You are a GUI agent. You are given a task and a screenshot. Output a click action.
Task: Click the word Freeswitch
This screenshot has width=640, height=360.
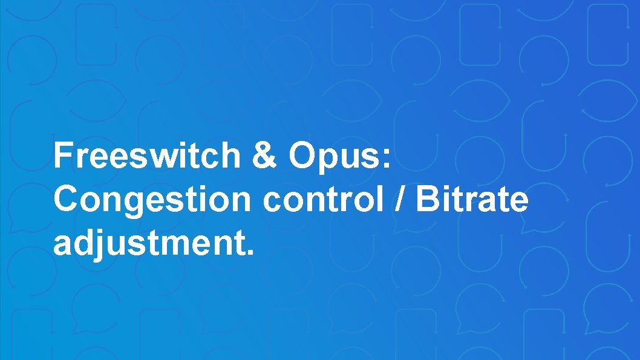click(x=147, y=155)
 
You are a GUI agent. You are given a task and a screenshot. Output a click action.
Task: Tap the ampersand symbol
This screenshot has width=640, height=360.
click(x=265, y=155)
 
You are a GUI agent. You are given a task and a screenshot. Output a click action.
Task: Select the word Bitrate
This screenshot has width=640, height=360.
click(x=472, y=200)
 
